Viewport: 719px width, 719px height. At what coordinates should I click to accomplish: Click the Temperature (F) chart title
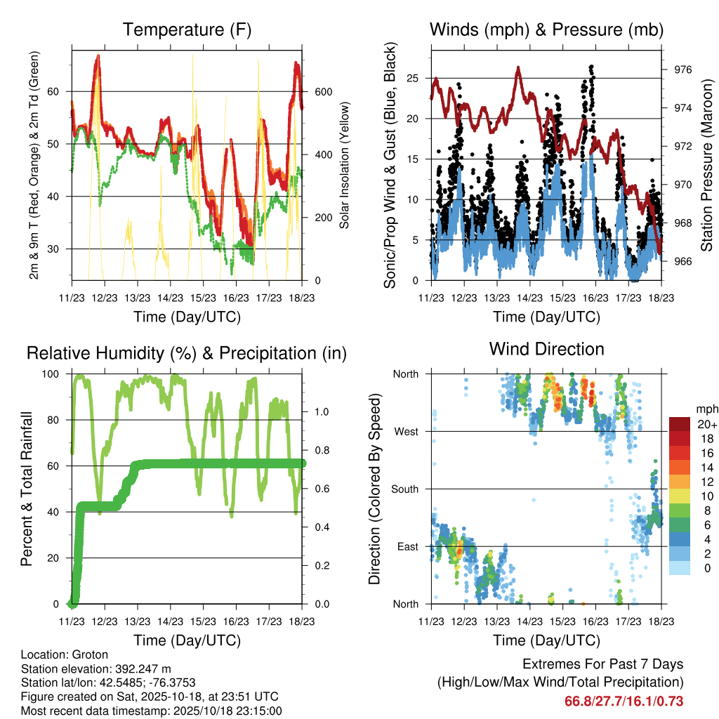click(x=187, y=30)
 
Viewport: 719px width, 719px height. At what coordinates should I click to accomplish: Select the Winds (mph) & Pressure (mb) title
click(x=546, y=30)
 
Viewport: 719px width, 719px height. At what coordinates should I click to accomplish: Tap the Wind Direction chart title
click(x=546, y=349)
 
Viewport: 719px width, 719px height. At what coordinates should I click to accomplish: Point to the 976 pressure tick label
click(x=683, y=70)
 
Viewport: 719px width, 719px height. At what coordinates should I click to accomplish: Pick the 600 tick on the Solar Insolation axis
click(x=323, y=91)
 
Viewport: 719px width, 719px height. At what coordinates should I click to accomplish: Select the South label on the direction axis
click(x=406, y=489)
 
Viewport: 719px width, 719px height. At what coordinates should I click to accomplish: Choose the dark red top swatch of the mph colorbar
click(x=679, y=424)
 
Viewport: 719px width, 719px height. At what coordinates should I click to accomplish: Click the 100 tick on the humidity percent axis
click(x=55, y=374)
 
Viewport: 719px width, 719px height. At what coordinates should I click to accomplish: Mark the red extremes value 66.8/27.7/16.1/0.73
click(x=624, y=701)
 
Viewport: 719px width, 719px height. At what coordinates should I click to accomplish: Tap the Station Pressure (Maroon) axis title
click(x=707, y=165)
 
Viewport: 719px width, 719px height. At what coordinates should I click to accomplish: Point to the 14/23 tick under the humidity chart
click(x=171, y=621)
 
